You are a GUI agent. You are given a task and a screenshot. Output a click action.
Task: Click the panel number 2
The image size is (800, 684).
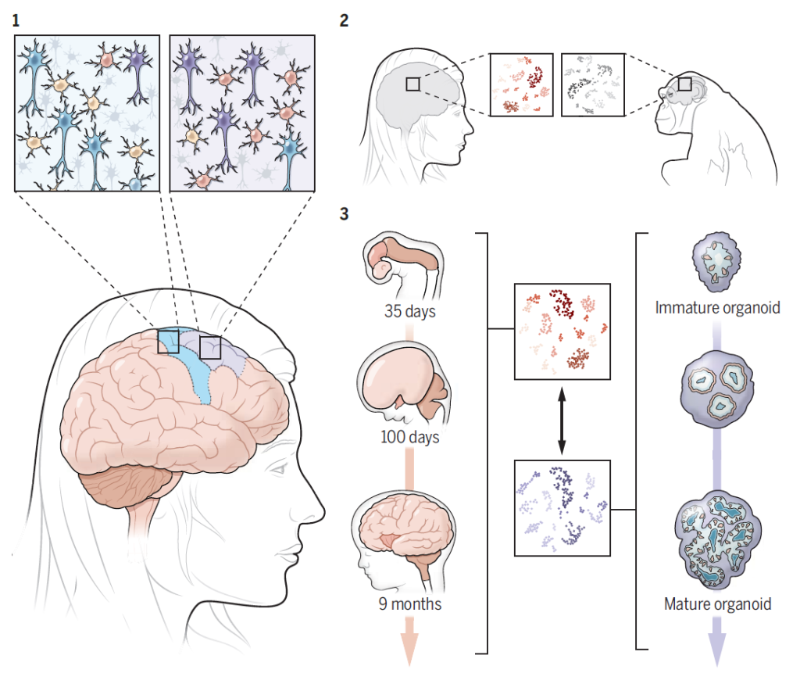point(345,21)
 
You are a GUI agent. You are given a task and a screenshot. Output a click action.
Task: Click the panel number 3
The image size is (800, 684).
point(345,213)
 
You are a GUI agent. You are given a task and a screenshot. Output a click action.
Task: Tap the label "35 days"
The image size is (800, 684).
point(409,312)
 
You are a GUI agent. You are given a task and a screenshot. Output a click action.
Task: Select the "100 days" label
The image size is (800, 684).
point(409,436)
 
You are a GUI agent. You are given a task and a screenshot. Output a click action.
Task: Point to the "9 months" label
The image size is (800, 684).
point(409,603)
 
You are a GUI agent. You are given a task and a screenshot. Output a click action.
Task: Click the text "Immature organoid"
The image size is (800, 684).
point(718,307)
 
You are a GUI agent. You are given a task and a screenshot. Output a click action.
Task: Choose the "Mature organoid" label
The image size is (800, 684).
point(718,603)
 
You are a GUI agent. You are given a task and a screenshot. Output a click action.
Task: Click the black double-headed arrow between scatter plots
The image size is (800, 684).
point(560,420)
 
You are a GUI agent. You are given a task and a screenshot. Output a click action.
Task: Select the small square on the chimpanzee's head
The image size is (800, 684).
point(684,84)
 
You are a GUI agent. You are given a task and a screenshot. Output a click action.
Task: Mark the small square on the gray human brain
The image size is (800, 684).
point(413,84)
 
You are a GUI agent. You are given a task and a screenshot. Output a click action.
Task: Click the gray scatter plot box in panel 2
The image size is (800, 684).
point(592,84)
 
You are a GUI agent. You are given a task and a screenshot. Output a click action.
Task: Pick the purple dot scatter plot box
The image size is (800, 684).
point(560,507)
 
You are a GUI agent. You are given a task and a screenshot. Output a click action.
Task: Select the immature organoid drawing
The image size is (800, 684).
point(716,266)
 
